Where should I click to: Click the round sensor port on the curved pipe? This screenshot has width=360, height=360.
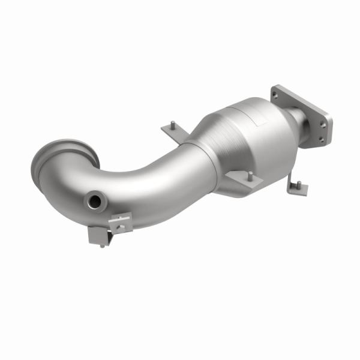pos(94,201)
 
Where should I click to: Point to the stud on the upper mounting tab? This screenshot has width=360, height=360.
pos(172,125)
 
